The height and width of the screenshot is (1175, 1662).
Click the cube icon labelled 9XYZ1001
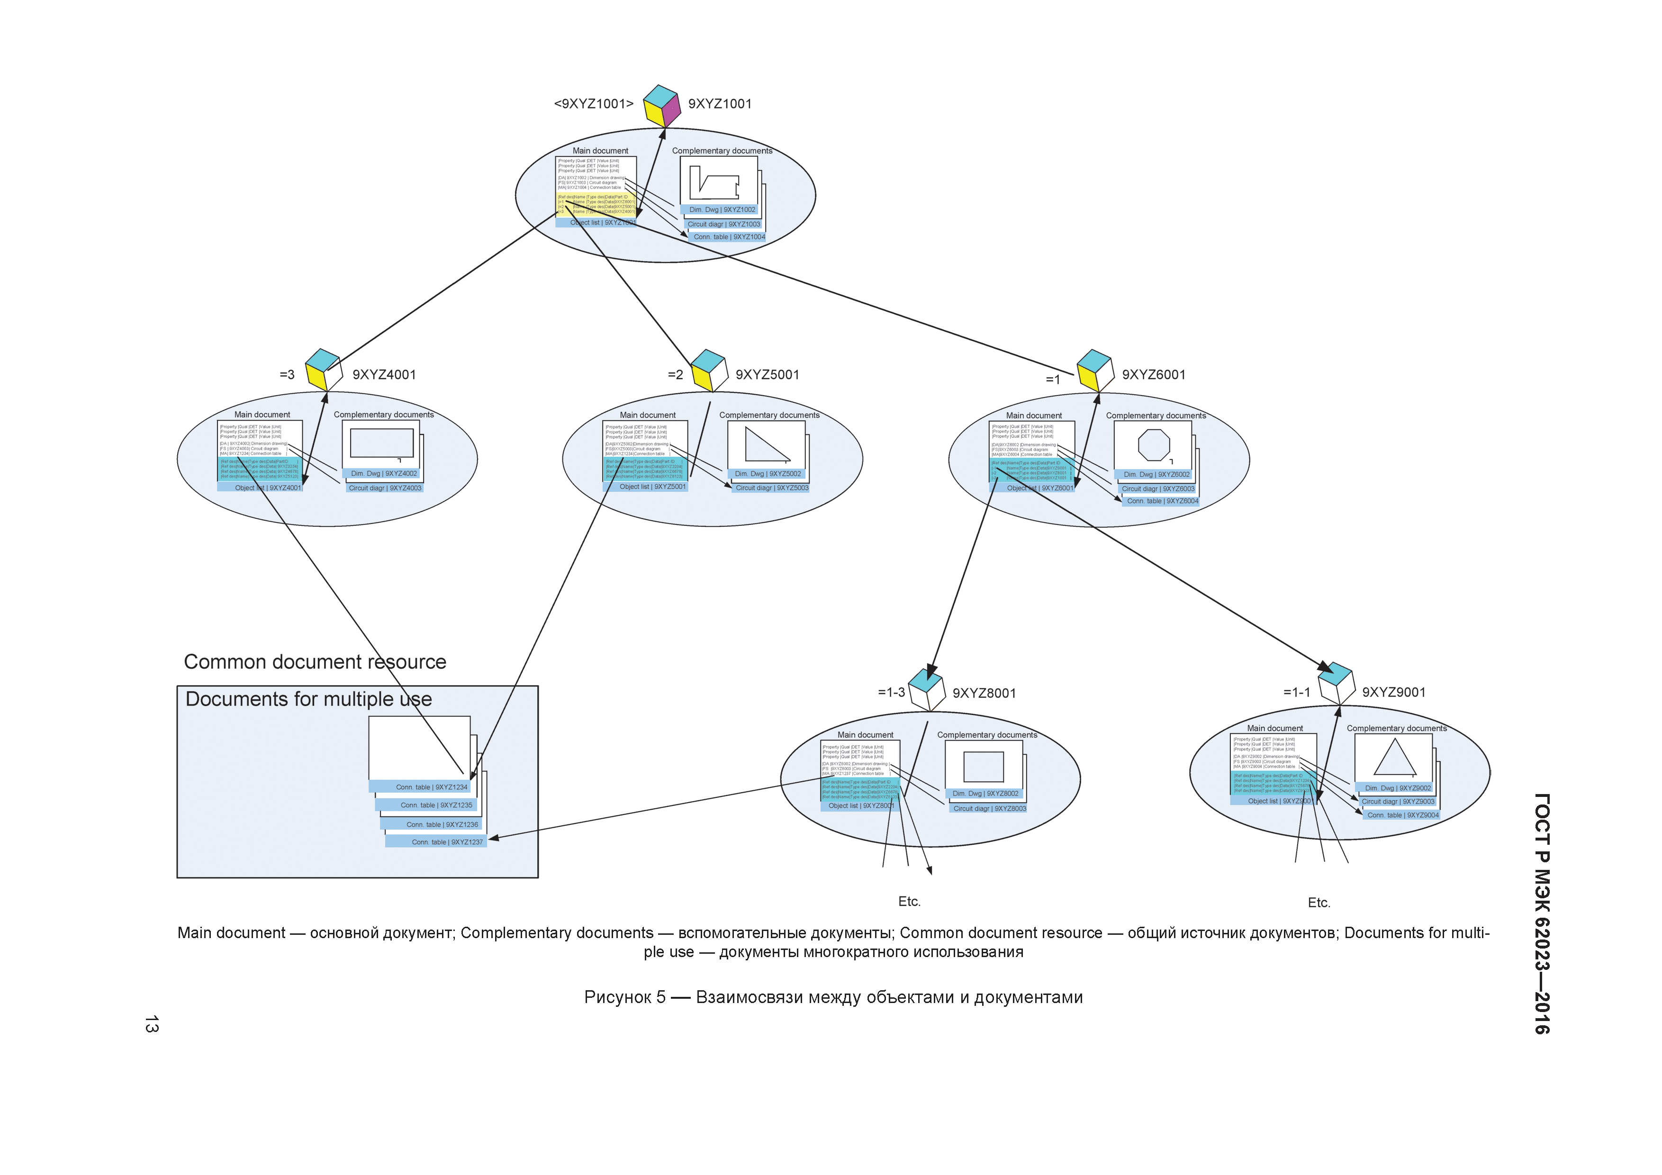661,106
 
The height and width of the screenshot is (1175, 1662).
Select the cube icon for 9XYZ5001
709,370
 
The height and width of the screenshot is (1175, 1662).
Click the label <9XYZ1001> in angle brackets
594,104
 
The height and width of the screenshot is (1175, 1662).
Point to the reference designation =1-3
891,693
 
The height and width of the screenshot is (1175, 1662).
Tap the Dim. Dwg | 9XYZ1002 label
722,210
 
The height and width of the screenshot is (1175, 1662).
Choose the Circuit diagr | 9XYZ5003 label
772,488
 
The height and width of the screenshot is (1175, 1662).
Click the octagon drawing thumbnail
1153,444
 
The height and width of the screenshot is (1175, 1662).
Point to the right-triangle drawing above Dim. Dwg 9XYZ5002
766,444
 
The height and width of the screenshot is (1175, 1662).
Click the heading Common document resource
315,662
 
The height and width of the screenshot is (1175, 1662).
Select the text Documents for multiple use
308,699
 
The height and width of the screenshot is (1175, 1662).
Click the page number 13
151,1024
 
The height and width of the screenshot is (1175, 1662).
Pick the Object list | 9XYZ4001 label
267,488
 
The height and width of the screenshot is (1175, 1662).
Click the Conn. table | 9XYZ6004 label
1162,501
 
